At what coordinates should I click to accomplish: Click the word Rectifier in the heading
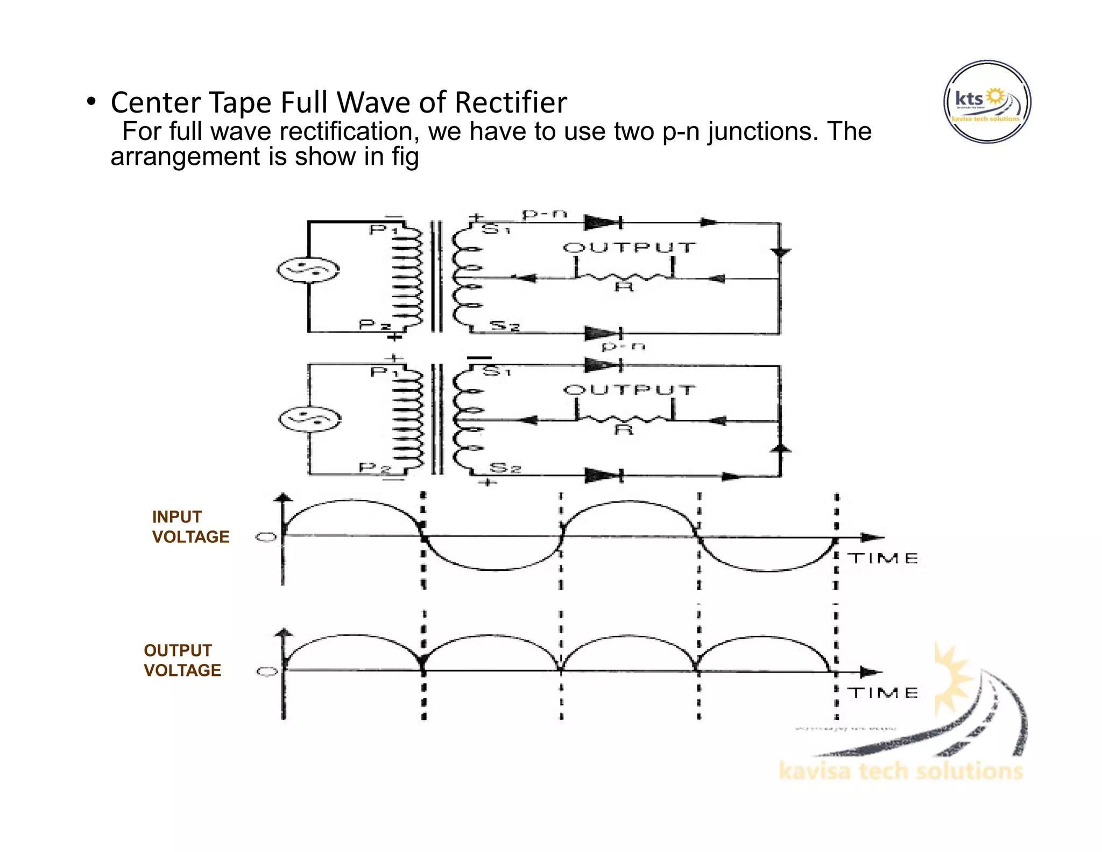click(510, 102)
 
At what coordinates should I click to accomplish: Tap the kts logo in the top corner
click(987, 102)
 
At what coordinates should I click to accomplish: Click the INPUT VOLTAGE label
click(190, 527)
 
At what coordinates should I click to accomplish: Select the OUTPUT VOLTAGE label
click(182, 660)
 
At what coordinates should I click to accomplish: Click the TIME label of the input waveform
click(883, 558)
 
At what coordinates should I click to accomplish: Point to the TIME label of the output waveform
click(883, 693)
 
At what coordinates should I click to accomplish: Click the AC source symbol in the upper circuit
click(308, 270)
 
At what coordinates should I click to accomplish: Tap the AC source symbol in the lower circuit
click(310, 419)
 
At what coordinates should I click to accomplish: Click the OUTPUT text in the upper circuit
click(630, 248)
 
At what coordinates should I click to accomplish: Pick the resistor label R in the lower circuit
click(624, 430)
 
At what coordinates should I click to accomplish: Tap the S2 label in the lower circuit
click(505, 467)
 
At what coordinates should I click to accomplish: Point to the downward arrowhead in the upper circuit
click(780, 252)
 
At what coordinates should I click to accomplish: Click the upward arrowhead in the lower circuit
click(781, 449)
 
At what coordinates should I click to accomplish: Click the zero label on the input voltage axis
click(266, 537)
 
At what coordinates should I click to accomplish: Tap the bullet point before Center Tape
click(91, 101)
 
